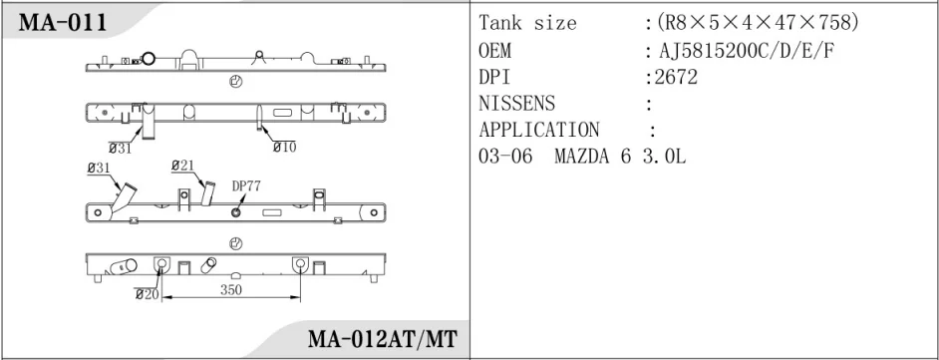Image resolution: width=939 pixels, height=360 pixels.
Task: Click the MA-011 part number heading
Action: (x=63, y=23)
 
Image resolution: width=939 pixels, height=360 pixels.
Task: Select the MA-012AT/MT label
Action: (x=382, y=339)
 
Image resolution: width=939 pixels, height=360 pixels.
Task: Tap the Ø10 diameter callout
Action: (x=284, y=147)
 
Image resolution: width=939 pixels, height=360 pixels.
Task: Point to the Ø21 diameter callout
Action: (x=182, y=166)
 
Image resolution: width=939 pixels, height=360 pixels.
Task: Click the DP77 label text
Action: (x=246, y=186)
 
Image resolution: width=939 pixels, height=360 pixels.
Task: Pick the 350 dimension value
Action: (x=230, y=290)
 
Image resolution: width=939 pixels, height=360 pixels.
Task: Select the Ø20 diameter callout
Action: (x=147, y=294)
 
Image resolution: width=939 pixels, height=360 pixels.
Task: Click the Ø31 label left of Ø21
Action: (x=99, y=169)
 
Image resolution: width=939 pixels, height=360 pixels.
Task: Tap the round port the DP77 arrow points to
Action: (x=236, y=211)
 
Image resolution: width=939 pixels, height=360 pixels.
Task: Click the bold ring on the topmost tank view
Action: (x=148, y=58)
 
